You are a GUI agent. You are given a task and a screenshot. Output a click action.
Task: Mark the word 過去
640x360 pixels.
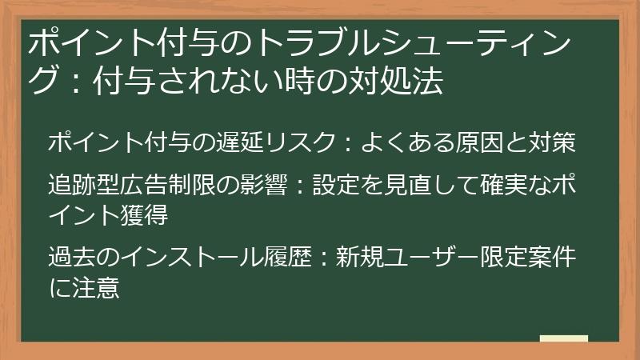tap(74, 258)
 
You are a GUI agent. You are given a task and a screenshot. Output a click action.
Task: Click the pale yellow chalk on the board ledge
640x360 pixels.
tap(563, 338)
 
